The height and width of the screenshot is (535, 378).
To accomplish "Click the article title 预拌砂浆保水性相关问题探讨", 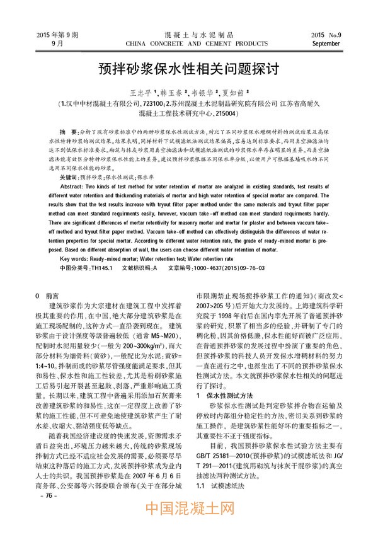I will click(189, 67).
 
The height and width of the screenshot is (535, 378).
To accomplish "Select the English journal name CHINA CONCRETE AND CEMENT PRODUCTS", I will click(189, 43).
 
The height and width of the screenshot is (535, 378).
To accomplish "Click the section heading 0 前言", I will click(49, 296).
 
